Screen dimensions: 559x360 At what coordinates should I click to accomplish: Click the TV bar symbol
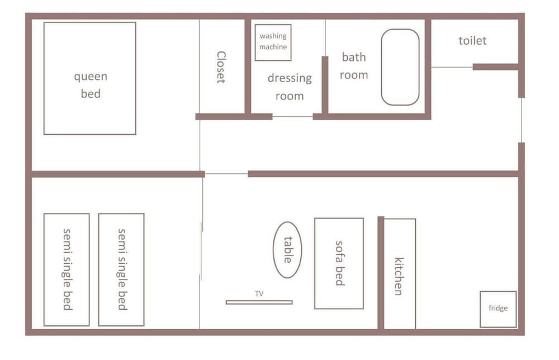pyautogui.click(x=259, y=302)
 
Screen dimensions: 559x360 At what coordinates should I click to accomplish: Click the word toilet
pyautogui.click(x=472, y=41)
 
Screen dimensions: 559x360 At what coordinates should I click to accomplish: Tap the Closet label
pyautogui.click(x=221, y=67)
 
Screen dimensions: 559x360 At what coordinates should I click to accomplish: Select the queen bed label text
pyautogui.click(x=91, y=85)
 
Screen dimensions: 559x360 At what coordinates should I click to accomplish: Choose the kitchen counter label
pyautogui.click(x=399, y=276)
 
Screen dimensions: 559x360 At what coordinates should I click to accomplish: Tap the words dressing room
pyautogui.click(x=290, y=87)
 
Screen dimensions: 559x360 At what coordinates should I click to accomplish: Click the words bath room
pyautogui.click(x=354, y=65)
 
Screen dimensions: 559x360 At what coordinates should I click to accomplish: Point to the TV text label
pyautogui.click(x=259, y=293)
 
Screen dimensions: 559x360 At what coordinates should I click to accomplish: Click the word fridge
pyautogui.click(x=498, y=308)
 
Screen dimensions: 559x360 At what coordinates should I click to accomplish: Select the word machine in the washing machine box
pyautogui.click(x=273, y=47)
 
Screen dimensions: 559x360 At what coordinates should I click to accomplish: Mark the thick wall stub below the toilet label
pyautogui.click(x=495, y=67)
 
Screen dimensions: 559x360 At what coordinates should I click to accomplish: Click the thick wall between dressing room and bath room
pyautogui.click(x=325, y=86)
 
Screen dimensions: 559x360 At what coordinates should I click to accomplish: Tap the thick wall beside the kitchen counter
pyautogui.click(x=381, y=273)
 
